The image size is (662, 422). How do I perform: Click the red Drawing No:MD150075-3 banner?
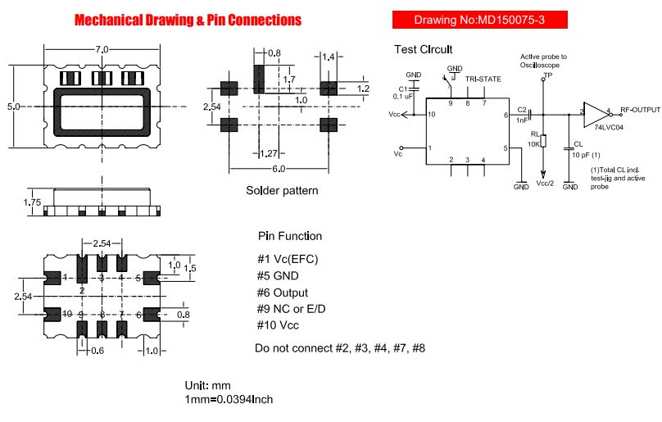click(479, 20)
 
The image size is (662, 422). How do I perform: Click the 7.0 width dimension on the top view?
click(102, 49)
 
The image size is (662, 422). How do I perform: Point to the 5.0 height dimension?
click(13, 107)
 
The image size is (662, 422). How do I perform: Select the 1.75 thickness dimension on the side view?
click(32, 202)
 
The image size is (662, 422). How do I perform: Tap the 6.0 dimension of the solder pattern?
click(279, 169)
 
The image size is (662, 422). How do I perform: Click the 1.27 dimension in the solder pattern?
click(269, 153)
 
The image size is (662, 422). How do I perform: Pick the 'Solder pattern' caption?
click(282, 190)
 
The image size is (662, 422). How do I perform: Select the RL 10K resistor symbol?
click(543, 141)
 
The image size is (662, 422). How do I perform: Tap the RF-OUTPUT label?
click(640, 110)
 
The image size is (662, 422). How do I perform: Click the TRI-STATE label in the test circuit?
click(483, 79)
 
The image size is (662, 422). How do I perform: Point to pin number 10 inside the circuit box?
click(431, 114)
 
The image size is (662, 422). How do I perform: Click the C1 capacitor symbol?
click(415, 89)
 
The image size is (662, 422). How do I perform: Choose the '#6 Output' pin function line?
click(283, 293)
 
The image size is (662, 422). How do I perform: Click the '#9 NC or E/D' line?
click(292, 309)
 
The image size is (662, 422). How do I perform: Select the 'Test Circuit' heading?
click(423, 49)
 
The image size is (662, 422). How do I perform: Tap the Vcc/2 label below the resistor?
click(545, 184)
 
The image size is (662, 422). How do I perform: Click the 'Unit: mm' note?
click(208, 385)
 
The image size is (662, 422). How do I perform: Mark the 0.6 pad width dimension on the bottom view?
click(97, 351)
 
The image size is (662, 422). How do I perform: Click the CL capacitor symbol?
click(569, 148)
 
